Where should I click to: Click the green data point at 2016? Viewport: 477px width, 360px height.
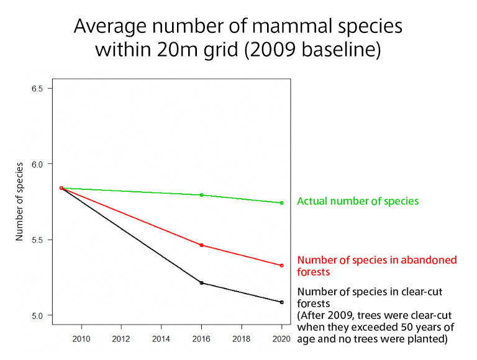(201, 195)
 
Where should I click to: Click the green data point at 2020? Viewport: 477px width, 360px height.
(282, 203)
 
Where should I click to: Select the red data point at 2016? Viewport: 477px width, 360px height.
(201, 245)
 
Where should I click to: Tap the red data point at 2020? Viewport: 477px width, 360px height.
(282, 266)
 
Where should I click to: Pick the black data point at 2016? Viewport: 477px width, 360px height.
(201, 283)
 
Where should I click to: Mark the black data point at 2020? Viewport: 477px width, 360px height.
(282, 302)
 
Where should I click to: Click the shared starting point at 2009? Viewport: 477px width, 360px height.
(61, 188)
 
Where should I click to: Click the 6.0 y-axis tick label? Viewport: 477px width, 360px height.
(37, 164)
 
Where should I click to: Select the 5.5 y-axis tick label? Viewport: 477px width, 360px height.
(37, 240)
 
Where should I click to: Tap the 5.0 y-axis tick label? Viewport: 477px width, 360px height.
(37, 315)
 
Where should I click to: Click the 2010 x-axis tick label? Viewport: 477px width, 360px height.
(81, 340)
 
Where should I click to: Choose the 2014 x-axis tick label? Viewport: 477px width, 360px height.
(161, 340)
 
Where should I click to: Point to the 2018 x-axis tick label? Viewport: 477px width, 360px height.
(242, 340)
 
